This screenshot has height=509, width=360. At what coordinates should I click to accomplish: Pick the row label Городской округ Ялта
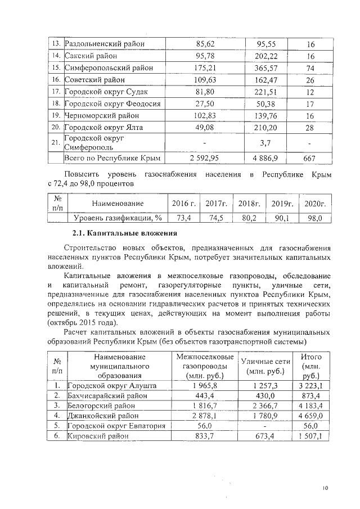pyautogui.click(x=104, y=128)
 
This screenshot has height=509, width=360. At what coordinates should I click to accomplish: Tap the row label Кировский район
pyautogui.click(x=97, y=436)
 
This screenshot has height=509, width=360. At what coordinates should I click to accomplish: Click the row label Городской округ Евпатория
pyautogui.click(x=116, y=426)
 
